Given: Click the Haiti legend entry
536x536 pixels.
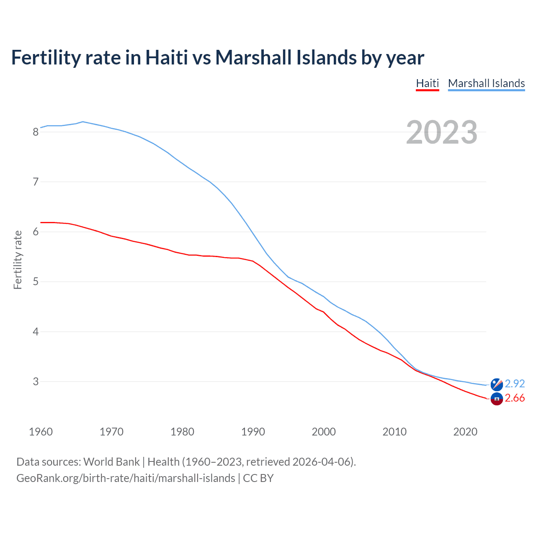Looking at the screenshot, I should tap(427, 83).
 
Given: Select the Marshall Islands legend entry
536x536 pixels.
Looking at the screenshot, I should tap(486, 83).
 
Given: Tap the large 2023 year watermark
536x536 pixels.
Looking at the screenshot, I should tap(442, 132).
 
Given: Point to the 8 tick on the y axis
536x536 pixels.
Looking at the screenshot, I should tap(36, 132).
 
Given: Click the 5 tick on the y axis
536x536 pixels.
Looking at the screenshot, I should tap(36, 282).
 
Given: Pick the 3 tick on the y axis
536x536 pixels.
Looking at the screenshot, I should tap(36, 381).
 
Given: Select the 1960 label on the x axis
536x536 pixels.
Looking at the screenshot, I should tap(41, 432).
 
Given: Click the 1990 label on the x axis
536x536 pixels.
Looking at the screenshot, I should tap(253, 432).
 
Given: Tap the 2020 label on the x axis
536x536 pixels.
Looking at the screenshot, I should tap(465, 432).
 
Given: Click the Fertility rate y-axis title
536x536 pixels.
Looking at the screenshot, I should tap(18, 260).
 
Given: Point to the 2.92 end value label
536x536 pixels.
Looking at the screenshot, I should tap(515, 384).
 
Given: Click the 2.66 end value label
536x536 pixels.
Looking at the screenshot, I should tap(515, 398).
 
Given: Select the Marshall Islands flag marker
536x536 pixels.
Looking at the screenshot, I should tap(497, 384).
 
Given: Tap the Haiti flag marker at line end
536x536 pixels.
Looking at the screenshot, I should tap(497, 399).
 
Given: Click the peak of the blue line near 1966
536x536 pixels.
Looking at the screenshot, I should tap(83, 122).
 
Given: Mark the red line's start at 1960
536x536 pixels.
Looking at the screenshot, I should tap(41, 222).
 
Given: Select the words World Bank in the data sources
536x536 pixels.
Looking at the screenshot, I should tap(111, 462).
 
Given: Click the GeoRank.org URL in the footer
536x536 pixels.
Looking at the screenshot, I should tap(126, 478).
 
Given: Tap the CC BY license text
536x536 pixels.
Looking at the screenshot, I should tap(258, 478).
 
